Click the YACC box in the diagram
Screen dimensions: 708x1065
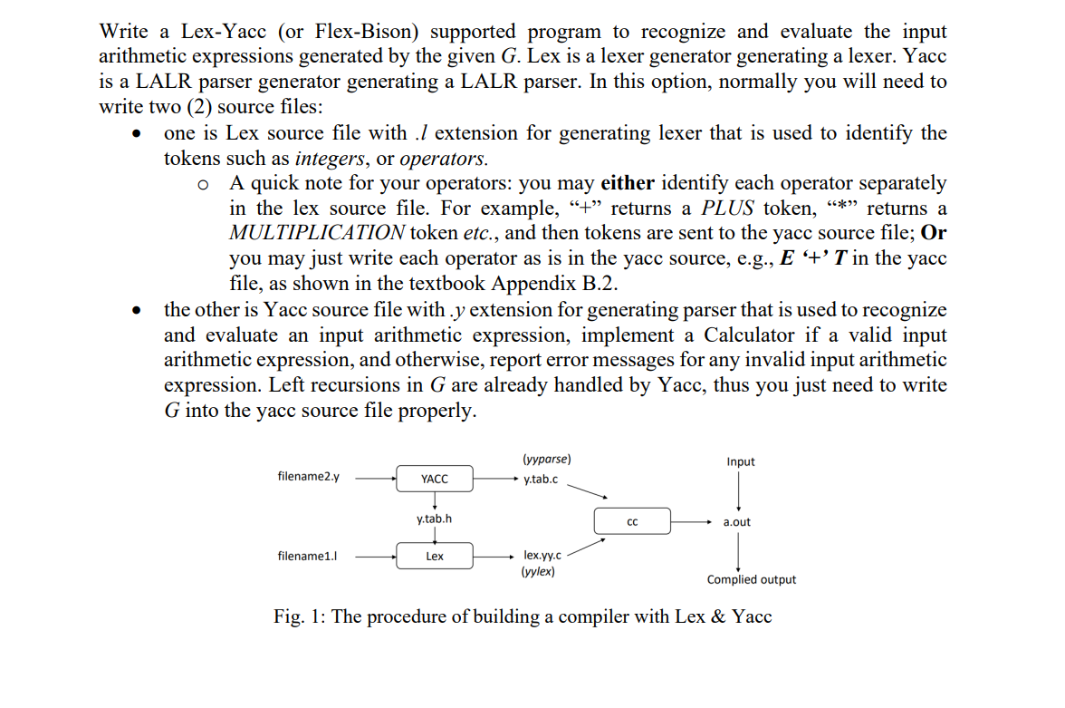(x=435, y=479)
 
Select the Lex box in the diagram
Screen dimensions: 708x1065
(x=435, y=556)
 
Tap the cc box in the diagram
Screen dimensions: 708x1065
(x=632, y=522)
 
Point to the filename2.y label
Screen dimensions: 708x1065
(x=309, y=477)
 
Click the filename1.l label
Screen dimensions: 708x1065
(x=308, y=556)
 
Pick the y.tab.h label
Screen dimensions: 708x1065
(x=435, y=519)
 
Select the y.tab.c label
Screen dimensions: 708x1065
(x=541, y=479)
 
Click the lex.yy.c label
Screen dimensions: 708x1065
(x=542, y=555)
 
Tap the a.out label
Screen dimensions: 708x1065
(x=737, y=522)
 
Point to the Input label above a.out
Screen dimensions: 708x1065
(x=740, y=461)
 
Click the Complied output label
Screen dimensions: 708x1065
(x=752, y=579)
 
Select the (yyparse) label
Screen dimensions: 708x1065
(x=546, y=460)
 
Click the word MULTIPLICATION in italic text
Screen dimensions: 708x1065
(x=317, y=233)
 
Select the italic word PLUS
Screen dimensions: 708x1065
(x=730, y=209)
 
